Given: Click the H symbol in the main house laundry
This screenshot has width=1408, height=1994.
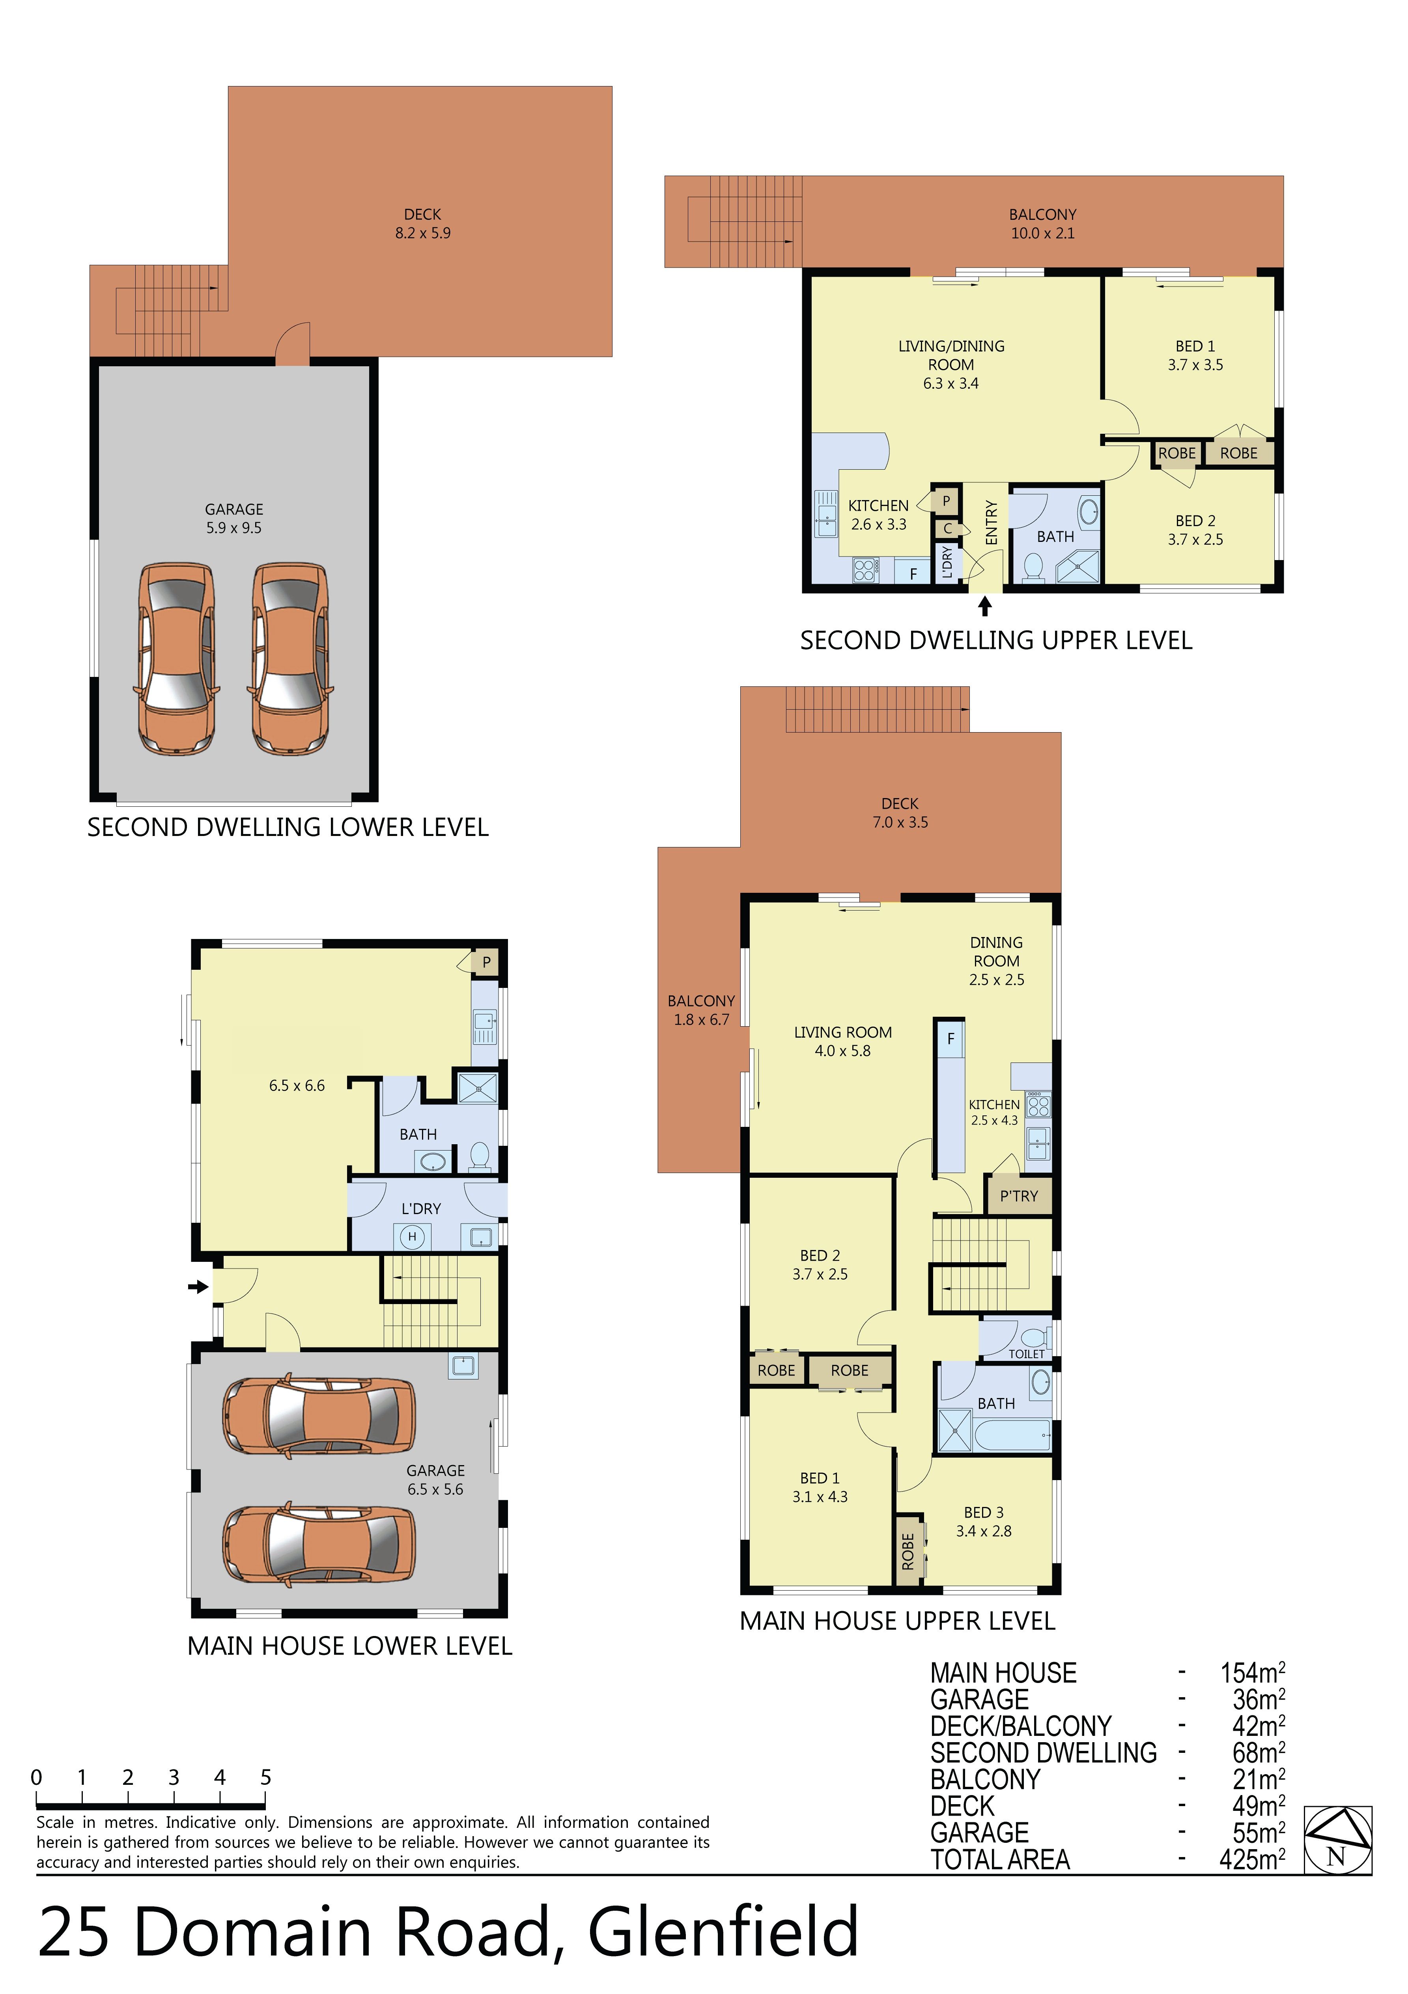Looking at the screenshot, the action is (x=412, y=1236).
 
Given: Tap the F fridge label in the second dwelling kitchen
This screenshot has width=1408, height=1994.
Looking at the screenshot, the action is (x=913, y=574).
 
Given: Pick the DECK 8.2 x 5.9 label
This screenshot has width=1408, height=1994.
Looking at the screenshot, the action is (x=423, y=223).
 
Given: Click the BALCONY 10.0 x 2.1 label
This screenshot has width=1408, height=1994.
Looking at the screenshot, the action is (x=1042, y=223).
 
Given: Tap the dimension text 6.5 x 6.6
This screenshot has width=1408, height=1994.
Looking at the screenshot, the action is (x=297, y=1085).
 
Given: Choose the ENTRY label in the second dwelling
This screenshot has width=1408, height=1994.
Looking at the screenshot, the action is (x=992, y=523).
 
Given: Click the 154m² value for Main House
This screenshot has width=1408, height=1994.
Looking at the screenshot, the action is (x=1253, y=1672).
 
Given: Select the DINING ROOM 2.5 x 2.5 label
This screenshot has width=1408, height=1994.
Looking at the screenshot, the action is (x=997, y=961).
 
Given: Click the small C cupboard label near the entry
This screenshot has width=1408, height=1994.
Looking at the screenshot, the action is (x=948, y=528).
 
